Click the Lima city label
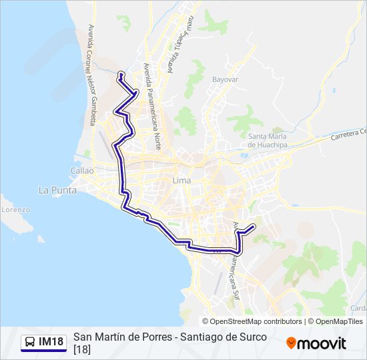pos(181,181)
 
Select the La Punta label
pos(57,190)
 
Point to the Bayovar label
pos(225,79)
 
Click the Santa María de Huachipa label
pos(266,140)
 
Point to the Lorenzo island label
pos(15,209)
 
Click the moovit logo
pos(316,343)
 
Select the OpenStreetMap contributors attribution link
pos(256,321)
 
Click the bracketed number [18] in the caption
pos(82,349)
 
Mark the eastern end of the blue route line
pos(254,227)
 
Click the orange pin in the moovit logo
pos(291,343)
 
